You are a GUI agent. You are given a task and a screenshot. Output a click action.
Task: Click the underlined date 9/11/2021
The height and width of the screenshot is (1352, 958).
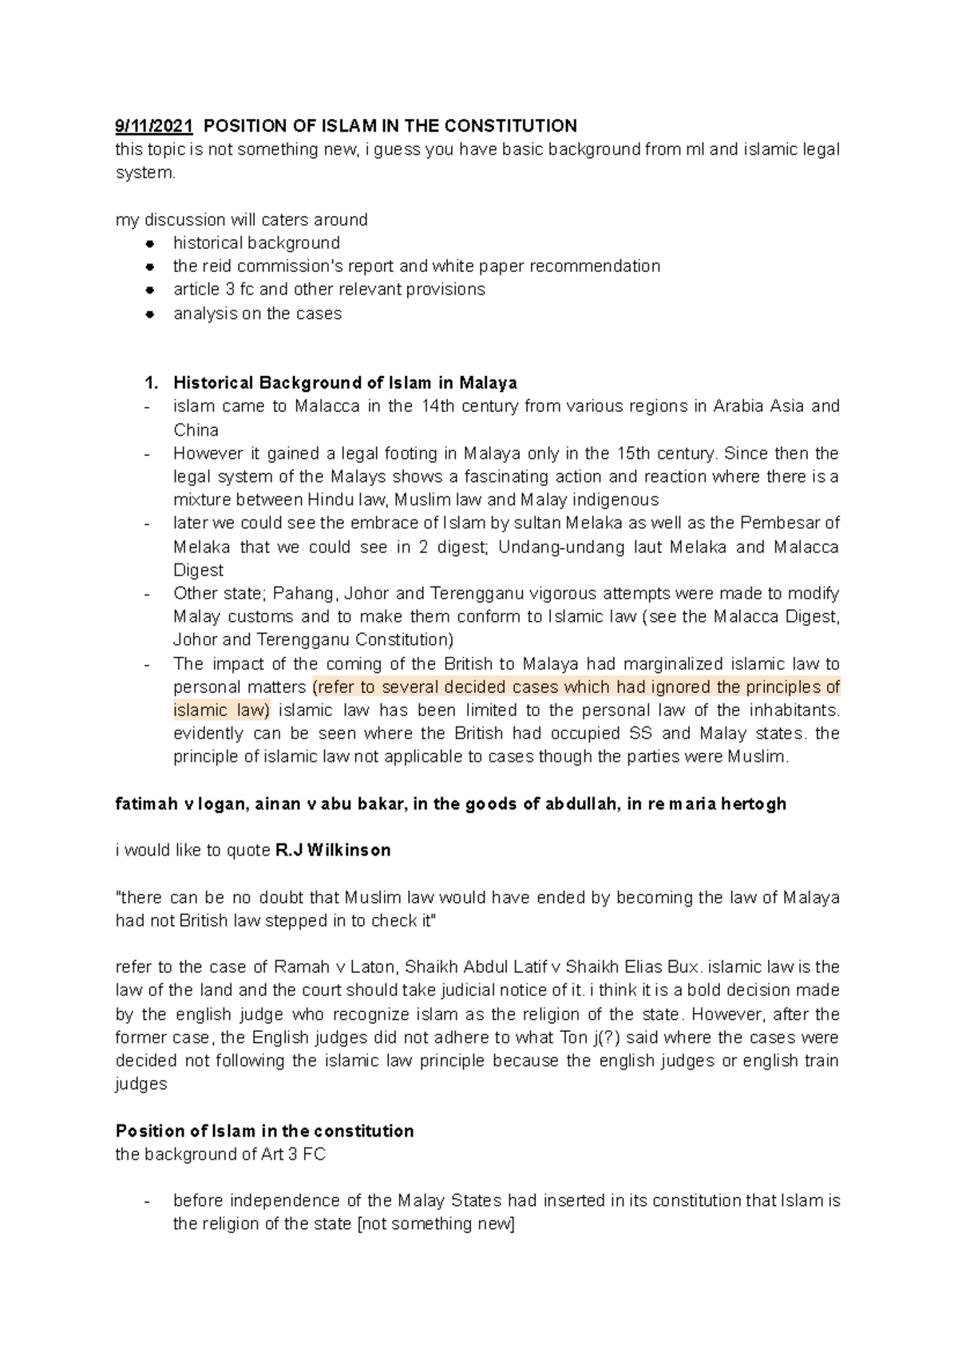click(154, 126)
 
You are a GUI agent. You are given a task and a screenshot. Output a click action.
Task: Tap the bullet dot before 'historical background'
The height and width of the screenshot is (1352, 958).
click(149, 243)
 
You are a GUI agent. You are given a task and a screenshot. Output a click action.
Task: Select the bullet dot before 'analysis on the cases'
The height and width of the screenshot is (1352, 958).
click(149, 314)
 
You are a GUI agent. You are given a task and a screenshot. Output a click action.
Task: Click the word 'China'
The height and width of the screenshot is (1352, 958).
click(196, 430)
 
